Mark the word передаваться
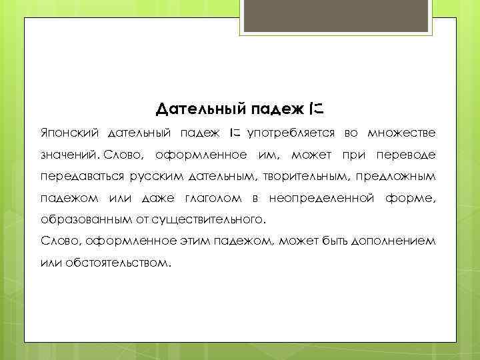(x=79, y=177)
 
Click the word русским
(x=153, y=177)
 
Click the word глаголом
(x=213, y=198)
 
